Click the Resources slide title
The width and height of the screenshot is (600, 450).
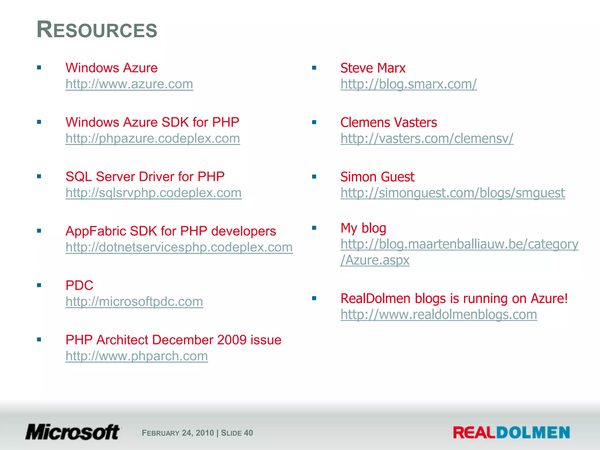(97, 30)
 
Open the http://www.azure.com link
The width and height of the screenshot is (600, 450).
(129, 84)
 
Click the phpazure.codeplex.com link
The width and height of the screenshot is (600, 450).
(153, 138)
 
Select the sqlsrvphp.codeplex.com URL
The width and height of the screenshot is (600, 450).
(154, 193)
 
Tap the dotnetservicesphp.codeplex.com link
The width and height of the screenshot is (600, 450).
(179, 247)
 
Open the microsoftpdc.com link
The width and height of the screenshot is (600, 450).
(134, 301)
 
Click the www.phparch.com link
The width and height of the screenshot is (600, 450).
(137, 356)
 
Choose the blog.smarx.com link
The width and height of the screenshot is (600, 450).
(408, 84)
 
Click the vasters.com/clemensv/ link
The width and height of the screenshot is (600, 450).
(427, 138)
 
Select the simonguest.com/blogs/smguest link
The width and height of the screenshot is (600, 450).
(453, 193)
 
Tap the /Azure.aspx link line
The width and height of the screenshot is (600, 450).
(375, 260)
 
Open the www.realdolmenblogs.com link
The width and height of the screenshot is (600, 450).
(439, 315)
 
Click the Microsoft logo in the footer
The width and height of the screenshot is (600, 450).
(73, 432)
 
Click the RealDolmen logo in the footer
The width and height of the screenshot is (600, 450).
(511, 432)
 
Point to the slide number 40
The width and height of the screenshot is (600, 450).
(248, 433)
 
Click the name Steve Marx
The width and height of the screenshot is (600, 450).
(373, 68)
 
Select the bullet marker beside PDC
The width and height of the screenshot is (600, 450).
(39, 285)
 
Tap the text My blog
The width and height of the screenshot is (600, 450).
(363, 228)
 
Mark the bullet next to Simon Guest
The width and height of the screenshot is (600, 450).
(314, 177)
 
